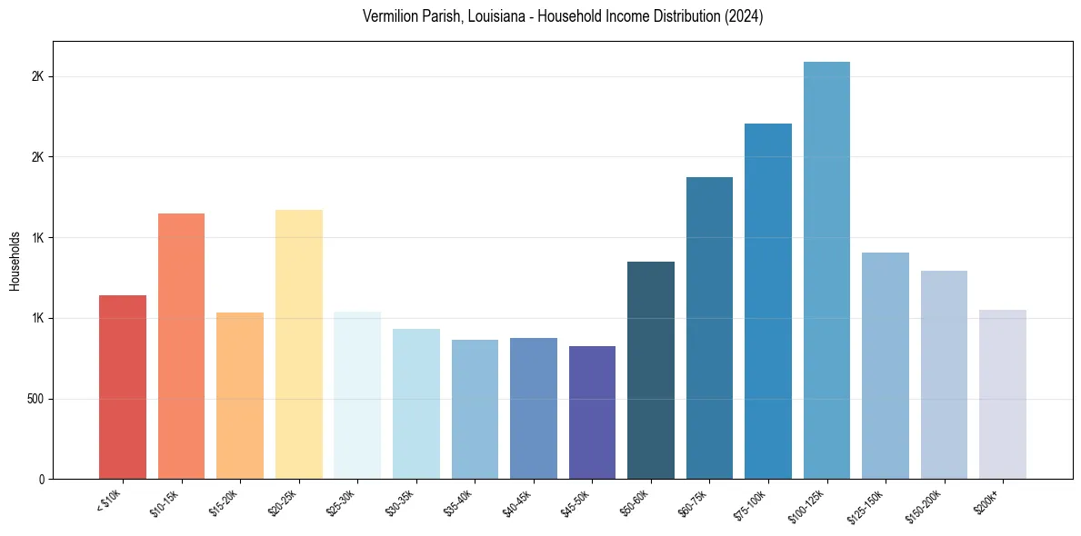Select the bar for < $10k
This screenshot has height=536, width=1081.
(123, 387)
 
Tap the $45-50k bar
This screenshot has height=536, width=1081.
(592, 412)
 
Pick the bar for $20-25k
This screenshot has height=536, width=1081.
(299, 344)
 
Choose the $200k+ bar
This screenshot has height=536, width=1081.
(1002, 394)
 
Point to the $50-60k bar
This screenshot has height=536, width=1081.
(651, 371)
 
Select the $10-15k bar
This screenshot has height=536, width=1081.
(181, 346)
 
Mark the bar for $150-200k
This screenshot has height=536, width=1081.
(944, 374)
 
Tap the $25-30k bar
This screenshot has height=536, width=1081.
(357, 395)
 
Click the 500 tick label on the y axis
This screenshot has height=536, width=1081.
(36, 399)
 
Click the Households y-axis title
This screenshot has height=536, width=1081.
(15, 261)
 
